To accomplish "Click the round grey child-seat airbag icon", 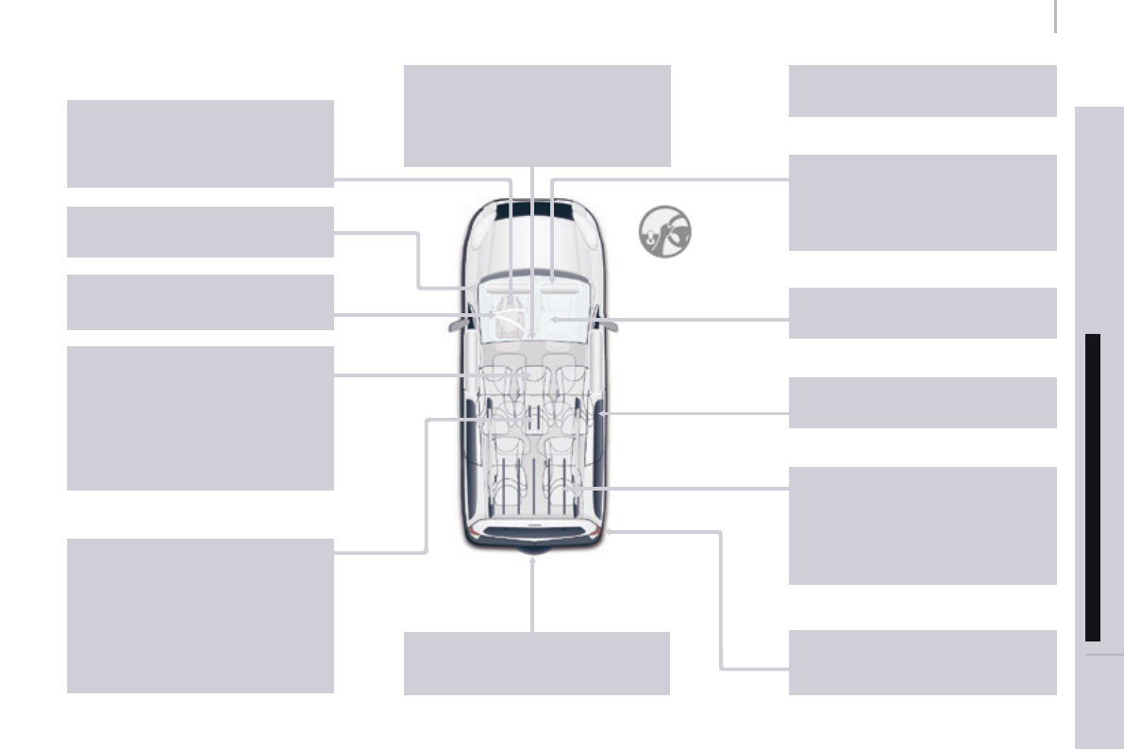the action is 664,232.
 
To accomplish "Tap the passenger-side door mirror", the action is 610,324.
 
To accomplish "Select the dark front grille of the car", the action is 532,209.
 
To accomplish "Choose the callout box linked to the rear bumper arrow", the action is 536,663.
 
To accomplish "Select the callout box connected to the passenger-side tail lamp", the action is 921,662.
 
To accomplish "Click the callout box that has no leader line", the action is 921,91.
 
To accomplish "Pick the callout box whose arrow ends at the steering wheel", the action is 200,302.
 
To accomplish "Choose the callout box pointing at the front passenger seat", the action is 921,313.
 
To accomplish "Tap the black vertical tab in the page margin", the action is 1093,487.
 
